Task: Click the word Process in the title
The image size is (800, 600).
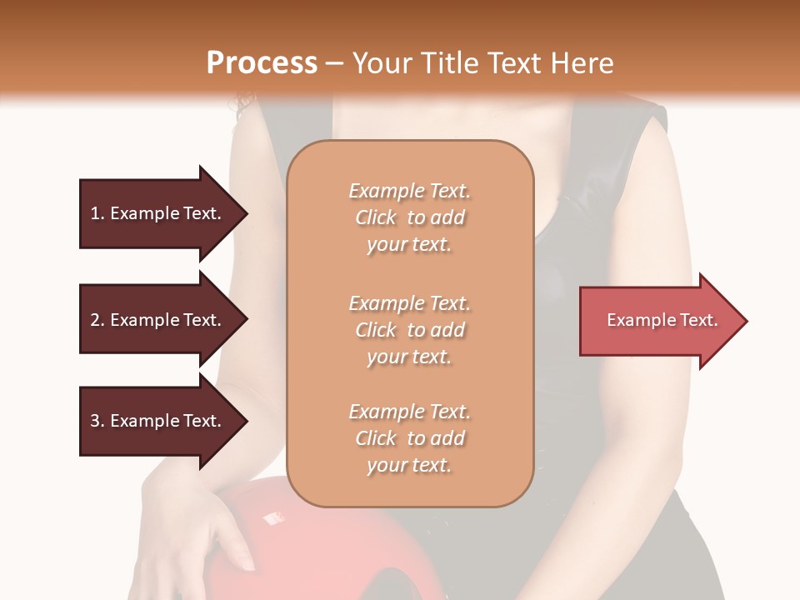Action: coord(262,63)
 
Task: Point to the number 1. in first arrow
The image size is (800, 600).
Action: coord(97,213)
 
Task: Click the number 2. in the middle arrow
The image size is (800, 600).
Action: coord(97,320)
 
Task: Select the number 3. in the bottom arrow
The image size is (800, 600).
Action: coord(97,421)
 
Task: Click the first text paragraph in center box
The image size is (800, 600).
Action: coord(409,217)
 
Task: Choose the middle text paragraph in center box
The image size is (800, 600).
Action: coord(409,330)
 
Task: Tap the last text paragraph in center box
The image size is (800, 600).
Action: coord(409,438)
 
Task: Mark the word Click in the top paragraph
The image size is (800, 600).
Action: coord(376,217)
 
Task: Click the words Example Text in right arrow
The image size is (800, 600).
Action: coord(662,320)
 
